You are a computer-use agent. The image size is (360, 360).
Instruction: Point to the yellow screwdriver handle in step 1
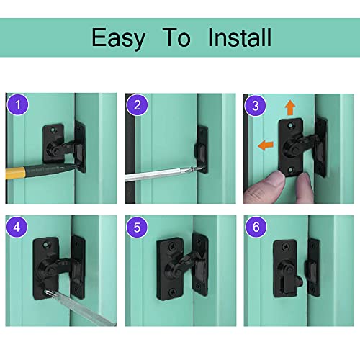[x=29, y=174]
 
